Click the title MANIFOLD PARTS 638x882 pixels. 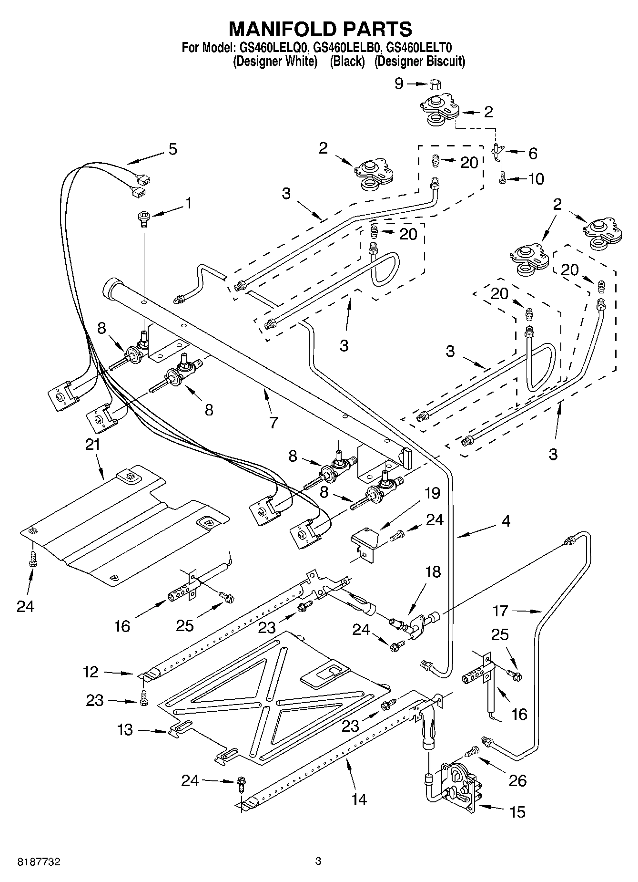pyautogui.click(x=320, y=29)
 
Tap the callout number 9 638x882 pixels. pyautogui.click(x=399, y=84)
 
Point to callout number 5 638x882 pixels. pyautogui.click(x=172, y=149)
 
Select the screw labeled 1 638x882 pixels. pyautogui.click(x=143, y=219)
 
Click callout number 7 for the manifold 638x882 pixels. pyautogui.click(x=273, y=422)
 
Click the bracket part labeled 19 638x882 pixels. pyautogui.click(x=365, y=543)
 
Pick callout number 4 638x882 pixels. pyautogui.click(x=506, y=521)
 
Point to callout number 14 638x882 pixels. pyautogui.click(x=359, y=799)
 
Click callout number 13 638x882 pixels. pyautogui.click(x=125, y=730)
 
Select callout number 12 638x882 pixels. pyautogui.click(x=91, y=672)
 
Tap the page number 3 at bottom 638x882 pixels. pyautogui.click(x=318, y=861)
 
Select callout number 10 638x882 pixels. pyautogui.click(x=536, y=179)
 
